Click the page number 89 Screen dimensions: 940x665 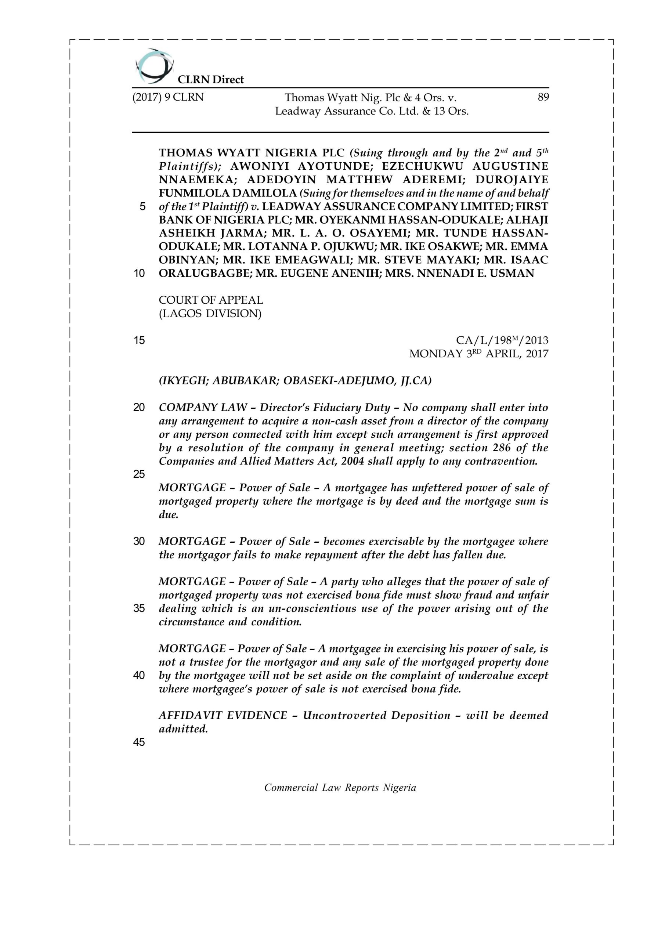543,97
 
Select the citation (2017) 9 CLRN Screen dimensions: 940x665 168,97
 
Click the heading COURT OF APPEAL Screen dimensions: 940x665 211,300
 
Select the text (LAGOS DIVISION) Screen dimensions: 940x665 210,314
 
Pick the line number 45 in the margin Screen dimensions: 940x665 139,742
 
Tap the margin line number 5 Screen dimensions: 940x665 142,207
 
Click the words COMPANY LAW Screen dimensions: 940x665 203,407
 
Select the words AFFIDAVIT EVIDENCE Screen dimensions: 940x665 223,715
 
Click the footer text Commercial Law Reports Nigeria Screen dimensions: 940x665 340,788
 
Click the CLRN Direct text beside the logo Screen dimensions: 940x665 210,79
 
